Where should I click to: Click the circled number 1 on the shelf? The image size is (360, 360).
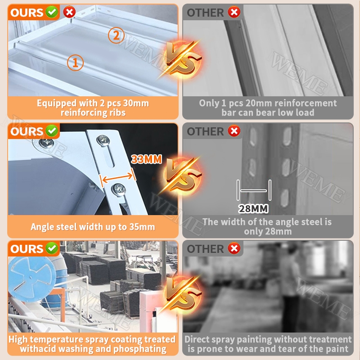pos(75,63)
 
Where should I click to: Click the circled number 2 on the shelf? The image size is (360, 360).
pos(116,36)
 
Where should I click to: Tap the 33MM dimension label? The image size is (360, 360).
pos(147,159)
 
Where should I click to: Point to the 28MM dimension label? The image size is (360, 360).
pos(253,209)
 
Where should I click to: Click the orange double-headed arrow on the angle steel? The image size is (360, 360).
pos(117,177)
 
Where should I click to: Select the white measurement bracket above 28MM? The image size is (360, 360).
pos(254,190)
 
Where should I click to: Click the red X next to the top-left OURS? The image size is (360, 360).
pos(69,12)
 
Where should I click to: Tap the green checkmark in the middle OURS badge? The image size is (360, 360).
pos(52,131)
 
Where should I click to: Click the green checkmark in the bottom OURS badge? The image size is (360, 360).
pos(52,248)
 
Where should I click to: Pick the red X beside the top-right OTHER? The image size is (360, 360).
pos(234,12)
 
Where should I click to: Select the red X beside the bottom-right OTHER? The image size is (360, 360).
pos(234,248)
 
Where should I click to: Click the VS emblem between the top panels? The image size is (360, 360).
pos(182,58)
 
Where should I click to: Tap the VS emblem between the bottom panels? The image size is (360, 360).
pos(182,293)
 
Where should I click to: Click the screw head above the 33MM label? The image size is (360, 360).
pos(103,139)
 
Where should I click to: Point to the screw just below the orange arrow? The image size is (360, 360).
pos(118,189)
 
